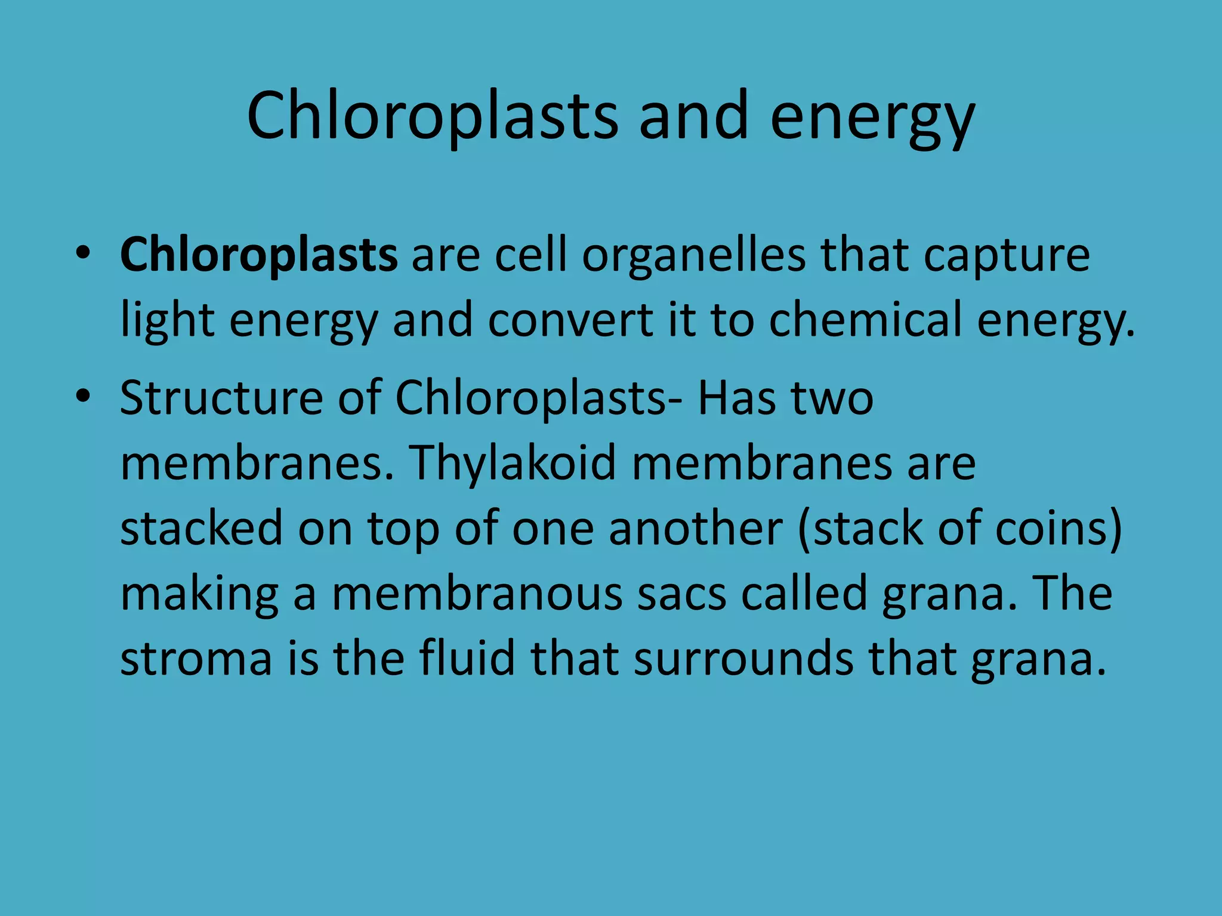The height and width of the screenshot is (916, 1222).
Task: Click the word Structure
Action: [221, 398]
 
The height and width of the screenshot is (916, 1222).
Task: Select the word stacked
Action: [201, 528]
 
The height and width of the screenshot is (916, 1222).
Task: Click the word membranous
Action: [477, 593]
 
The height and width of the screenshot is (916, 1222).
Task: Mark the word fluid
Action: [467, 658]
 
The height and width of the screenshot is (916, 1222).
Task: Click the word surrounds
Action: [743, 658]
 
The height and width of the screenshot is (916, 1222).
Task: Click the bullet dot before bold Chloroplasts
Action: [83, 253]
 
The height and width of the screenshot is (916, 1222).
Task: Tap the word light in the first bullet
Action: [167, 321]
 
